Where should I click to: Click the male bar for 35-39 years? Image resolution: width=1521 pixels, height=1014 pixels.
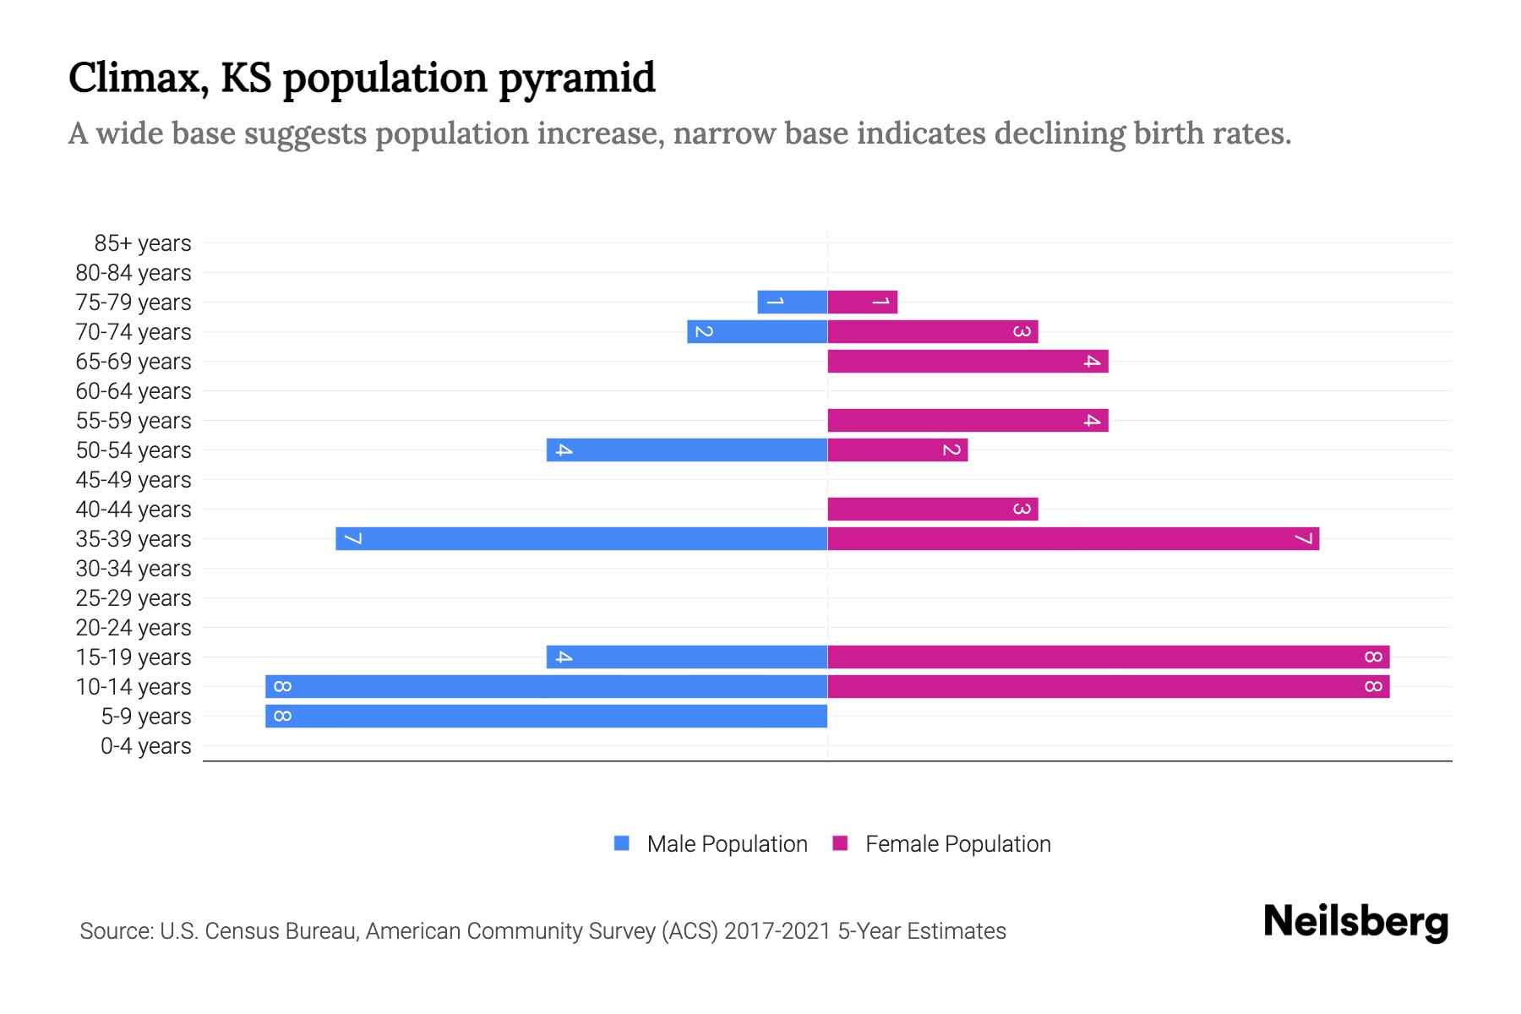[x=581, y=538]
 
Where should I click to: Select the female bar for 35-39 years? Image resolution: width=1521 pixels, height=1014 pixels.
[x=1073, y=538]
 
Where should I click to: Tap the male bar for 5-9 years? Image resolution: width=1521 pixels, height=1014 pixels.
[x=546, y=716]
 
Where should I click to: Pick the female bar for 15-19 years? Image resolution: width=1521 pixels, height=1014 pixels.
[x=1108, y=657]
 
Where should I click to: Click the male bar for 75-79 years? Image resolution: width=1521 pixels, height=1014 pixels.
[x=792, y=302]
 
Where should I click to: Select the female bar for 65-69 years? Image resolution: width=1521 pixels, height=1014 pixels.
[x=968, y=361]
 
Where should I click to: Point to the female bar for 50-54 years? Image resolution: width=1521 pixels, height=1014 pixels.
[x=897, y=450]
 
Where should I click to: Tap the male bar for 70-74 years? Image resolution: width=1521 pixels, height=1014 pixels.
[x=757, y=331]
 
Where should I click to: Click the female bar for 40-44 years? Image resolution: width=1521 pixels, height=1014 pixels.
[x=932, y=509]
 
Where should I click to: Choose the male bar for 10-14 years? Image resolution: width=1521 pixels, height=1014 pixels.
[x=546, y=686]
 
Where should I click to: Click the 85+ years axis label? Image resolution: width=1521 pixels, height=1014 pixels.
[x=143, y=243]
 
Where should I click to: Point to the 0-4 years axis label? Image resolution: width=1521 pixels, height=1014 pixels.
[x=145, y=746]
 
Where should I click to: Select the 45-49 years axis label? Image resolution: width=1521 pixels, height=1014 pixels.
[x=134, y=480]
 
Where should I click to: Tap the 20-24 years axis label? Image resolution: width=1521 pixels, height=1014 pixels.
[x=134, y=628]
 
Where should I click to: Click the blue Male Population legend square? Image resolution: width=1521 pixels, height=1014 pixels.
[x=622, y=843]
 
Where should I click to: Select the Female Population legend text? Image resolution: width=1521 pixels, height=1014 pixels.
[x=957, y=844]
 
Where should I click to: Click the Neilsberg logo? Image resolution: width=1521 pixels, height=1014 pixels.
[x=1355, y=922]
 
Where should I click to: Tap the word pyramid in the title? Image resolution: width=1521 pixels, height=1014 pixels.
[x=576, y=78]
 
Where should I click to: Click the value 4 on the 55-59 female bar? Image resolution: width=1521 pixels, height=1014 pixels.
[x=1092, y=420]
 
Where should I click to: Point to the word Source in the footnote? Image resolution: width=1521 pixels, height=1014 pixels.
[x=115, y=931]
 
